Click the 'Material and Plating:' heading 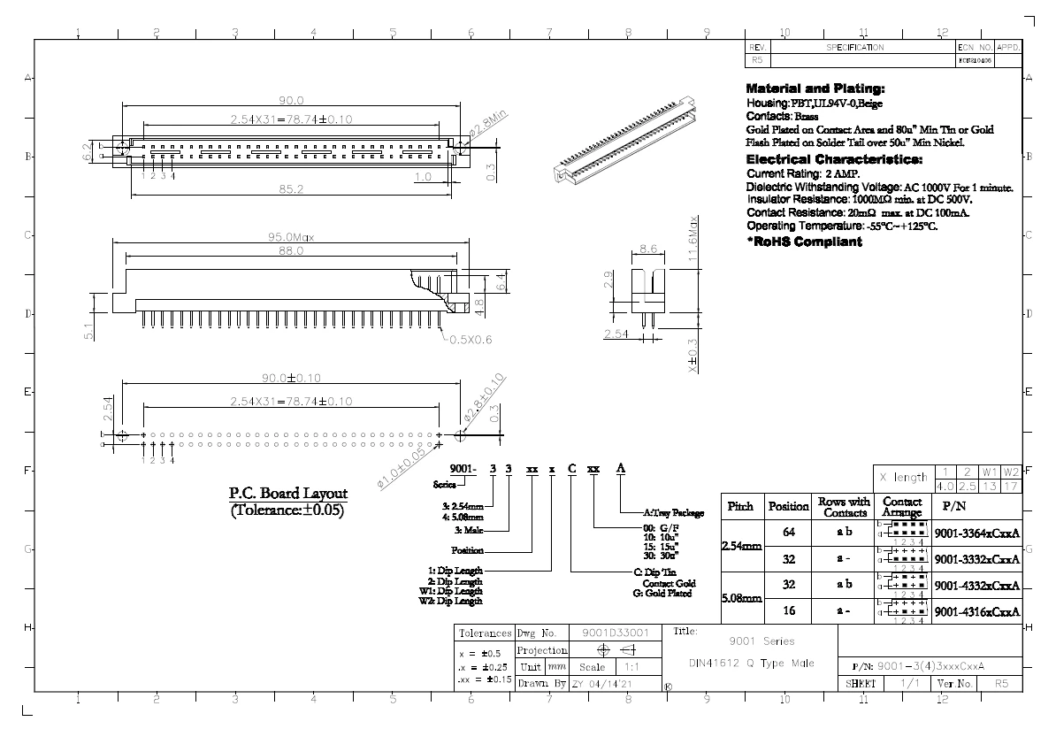tap(815, 89)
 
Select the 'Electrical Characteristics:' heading tap(834, 160)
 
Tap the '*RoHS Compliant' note tap(804, 242)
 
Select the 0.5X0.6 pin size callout tap(471, 338)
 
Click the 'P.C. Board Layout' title tap(288, 494)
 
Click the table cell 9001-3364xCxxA tap(977, 533)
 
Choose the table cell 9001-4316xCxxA tap(977, 611)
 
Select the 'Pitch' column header tap(740, 507)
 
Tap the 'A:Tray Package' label tap(673, 512)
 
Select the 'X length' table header tap(902, 478)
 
